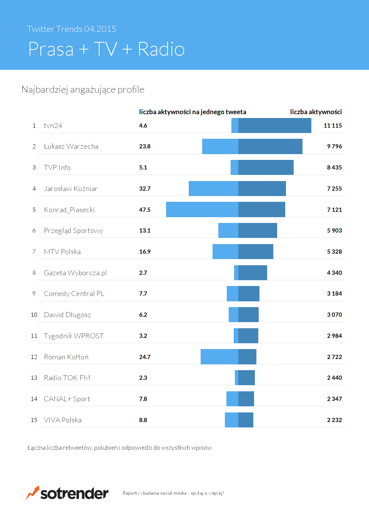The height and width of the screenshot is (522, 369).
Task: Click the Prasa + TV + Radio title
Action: (106, 49)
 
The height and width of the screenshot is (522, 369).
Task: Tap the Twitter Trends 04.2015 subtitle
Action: (71, 29)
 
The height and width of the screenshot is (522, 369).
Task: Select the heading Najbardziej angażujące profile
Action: (83, 90)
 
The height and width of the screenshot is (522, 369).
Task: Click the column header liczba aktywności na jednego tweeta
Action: (193, 112)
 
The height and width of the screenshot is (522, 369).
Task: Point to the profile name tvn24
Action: (53, 126)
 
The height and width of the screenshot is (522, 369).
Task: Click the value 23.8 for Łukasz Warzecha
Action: (145, 146)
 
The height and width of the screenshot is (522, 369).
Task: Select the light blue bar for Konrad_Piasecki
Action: (202, 209)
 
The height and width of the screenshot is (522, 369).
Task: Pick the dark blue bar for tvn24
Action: (274, 126)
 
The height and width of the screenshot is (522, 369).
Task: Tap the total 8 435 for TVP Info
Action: (334, 168)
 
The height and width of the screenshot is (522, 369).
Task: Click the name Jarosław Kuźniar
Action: (71, 189)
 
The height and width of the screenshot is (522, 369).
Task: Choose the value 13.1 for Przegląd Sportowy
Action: (145, 231)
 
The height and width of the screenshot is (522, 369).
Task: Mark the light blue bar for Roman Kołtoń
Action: (219, 357)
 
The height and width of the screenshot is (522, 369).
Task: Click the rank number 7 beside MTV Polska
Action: (34, 252)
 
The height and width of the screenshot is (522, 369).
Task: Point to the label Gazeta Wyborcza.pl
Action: (75, 273)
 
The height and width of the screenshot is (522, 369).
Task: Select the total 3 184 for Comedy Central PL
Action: (334, 294)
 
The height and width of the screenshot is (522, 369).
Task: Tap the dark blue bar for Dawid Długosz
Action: (248, 315)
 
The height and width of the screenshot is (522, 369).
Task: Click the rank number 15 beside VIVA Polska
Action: (34, 420)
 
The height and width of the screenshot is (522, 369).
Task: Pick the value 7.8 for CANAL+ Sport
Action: (143, 399)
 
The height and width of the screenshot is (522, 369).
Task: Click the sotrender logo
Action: (67, 493)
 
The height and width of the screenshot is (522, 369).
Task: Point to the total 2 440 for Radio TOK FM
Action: (334, 378)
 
